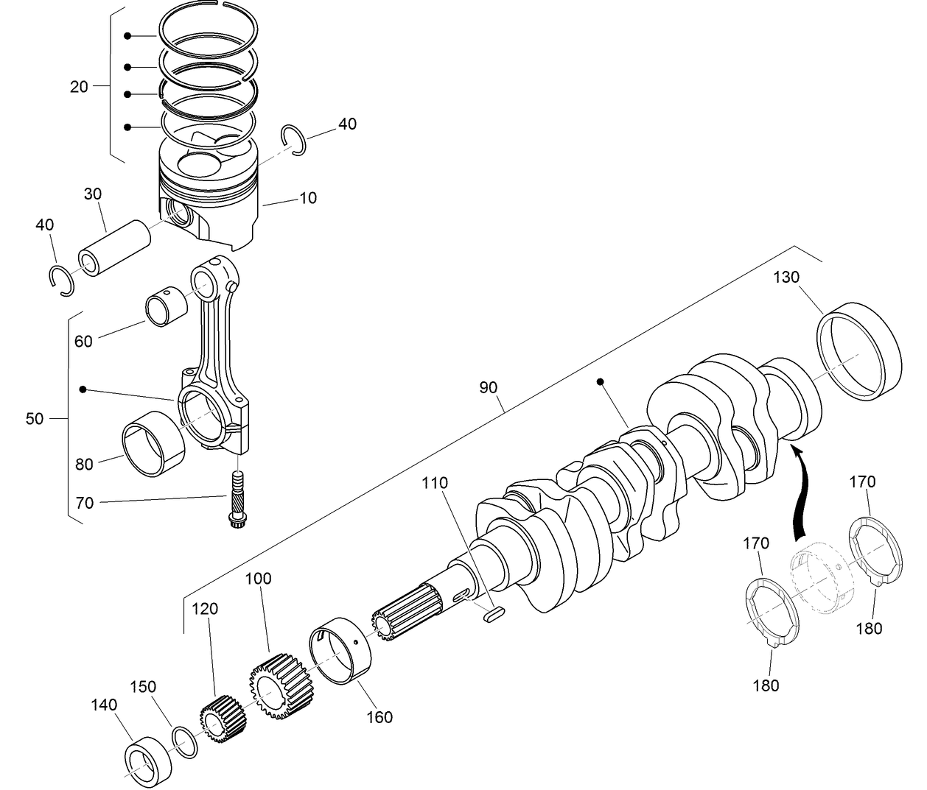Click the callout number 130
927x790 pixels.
coord(786,278)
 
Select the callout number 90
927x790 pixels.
coord(488,387)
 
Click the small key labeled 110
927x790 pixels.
coord(493,614)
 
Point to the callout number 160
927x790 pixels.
coord(379,716)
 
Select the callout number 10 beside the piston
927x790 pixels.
coord(307,198)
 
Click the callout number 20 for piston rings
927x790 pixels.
coord(79,87)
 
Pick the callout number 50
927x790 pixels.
coord(35,419)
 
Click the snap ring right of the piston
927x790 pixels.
coord(294,141)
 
